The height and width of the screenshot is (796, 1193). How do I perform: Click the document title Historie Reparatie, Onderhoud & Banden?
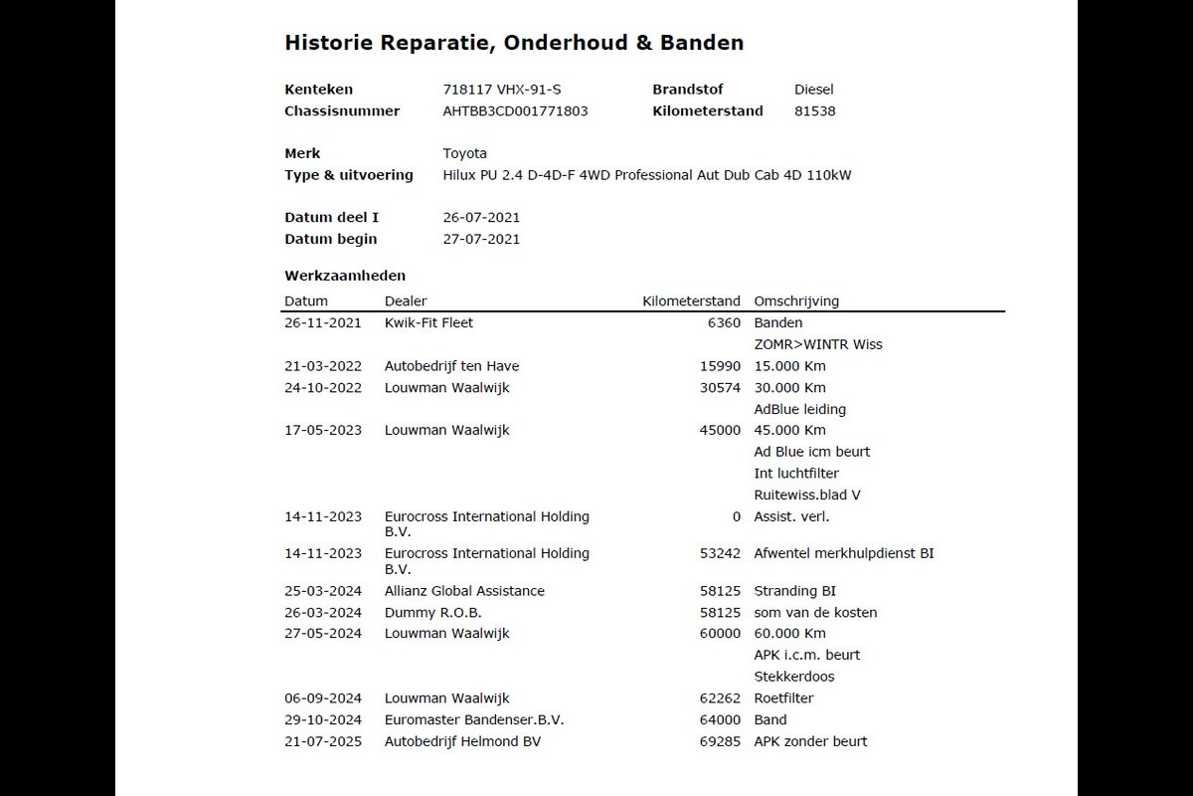514,43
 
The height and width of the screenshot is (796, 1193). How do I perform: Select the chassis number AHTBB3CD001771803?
515,111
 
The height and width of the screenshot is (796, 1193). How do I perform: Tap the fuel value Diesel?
814,90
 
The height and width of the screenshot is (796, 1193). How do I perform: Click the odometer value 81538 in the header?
815,111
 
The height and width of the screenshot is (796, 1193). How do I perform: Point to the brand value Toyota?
464,153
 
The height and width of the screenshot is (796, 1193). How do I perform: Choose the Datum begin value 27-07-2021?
481,239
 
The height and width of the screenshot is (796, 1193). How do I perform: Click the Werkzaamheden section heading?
345,276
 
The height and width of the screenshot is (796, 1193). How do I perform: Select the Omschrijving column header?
796,301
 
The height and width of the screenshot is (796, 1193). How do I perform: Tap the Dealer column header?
406,301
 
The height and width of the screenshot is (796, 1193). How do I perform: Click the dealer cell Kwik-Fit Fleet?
428,322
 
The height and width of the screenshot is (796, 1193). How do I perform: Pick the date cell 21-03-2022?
323,366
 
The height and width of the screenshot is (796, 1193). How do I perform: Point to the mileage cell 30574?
720,388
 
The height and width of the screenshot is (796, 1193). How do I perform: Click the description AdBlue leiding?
800,409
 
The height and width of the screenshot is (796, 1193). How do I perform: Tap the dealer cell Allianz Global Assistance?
464,591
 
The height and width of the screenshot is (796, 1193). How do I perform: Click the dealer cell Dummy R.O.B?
433,613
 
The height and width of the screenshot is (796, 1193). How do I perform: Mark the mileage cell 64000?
720,720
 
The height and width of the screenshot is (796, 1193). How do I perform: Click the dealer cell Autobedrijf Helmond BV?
462,741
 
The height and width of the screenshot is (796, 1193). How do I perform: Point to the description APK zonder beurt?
810,741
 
